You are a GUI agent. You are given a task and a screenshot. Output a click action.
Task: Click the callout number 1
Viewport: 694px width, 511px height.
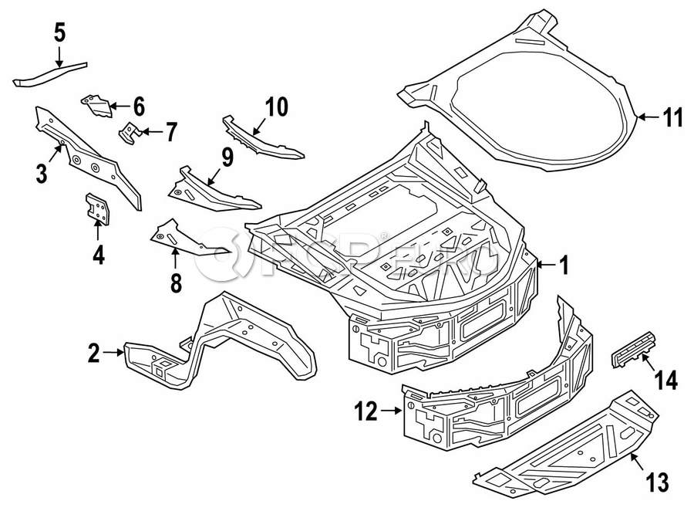564,266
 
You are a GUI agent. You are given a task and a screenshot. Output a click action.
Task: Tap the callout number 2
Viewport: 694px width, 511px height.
94,354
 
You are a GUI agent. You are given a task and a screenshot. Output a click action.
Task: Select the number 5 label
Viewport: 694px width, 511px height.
59,32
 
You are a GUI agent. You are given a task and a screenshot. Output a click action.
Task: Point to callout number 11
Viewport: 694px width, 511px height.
673,117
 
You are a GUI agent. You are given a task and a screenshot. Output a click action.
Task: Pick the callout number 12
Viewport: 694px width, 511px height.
367,413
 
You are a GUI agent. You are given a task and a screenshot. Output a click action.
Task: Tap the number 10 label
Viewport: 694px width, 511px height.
275,106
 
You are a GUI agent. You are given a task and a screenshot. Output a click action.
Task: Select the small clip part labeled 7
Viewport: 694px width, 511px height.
128,133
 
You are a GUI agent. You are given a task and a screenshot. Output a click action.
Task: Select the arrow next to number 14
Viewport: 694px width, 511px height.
647,363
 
